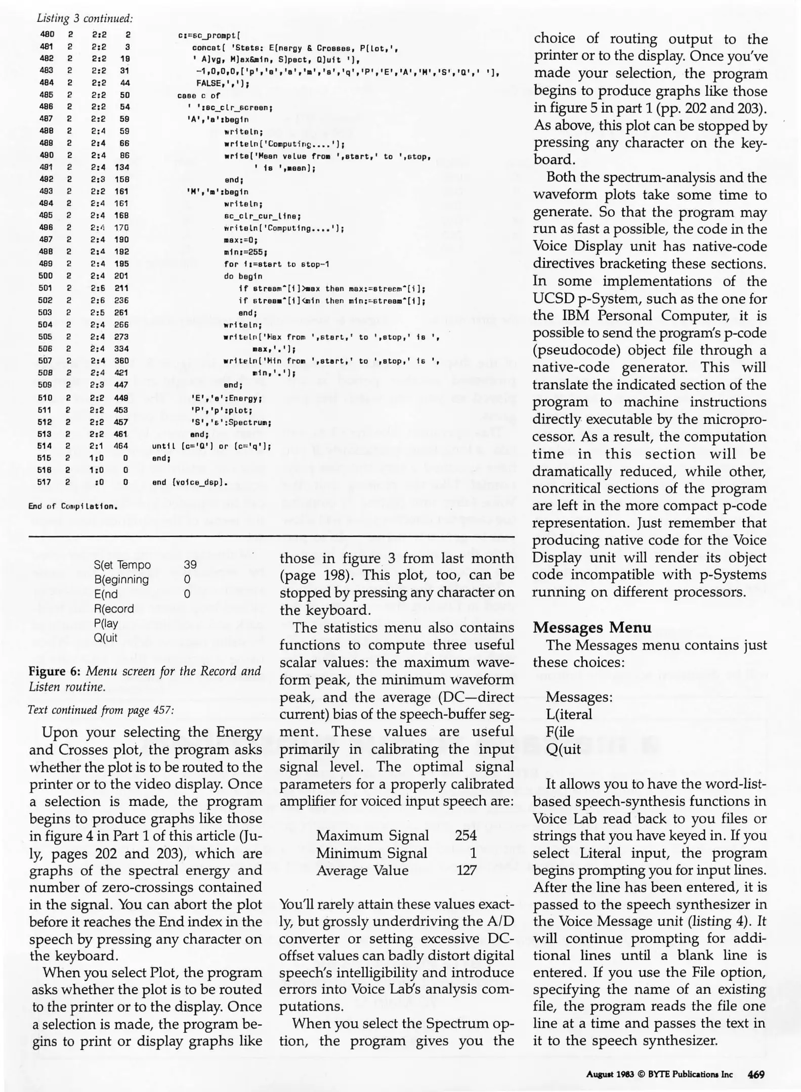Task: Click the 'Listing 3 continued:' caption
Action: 85,19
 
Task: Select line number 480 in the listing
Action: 47,35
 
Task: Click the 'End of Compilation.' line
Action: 73,506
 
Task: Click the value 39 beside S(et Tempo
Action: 190,565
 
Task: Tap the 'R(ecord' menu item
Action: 114,609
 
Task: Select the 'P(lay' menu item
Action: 106,623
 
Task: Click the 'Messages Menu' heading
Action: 592,627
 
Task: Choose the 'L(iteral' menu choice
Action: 569,714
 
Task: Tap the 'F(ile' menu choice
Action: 560,732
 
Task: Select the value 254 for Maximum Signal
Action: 466,835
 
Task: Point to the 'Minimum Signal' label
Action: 372,853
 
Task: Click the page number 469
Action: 756,1075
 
